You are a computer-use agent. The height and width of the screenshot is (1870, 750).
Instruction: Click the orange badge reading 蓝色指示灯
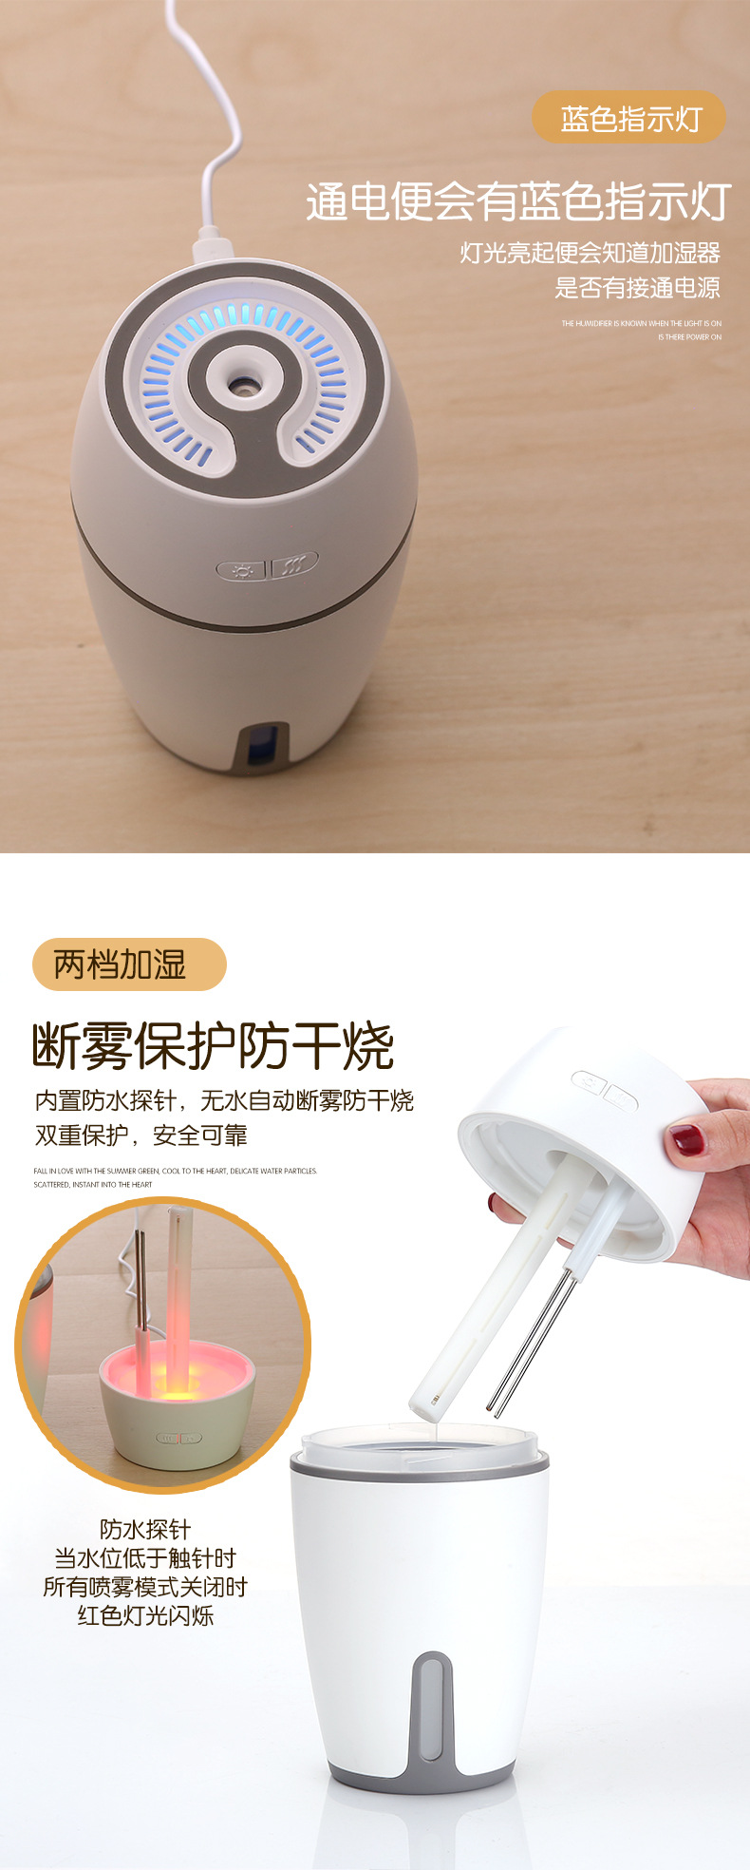pyautogui.click(x=629, y=119)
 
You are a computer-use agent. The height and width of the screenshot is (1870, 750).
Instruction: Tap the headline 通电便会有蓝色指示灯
pyautogui.click(x=517, y=201)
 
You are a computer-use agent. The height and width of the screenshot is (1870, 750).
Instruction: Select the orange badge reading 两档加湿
pyautogui.click(x=129, y=964)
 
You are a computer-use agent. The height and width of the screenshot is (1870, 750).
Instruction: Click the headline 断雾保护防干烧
pyautogui.click(x=214, y=1046)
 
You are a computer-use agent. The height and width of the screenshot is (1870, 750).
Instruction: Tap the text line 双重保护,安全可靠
pyautogui.click(x=141, y=1135)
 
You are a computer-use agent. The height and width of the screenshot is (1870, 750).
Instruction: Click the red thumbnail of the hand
pyautogui.click(x=686, y=1138)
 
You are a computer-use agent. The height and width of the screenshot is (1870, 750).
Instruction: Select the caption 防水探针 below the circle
pyautogui.click(x=145, y=1529)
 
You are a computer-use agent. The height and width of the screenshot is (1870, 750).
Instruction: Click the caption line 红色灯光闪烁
pyautogui.click(x=145, y=1615)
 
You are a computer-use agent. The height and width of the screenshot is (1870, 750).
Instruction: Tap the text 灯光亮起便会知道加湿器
pyautogui.click(x=590, y=253)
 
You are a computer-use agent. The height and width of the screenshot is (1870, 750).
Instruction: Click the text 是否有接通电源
pyautogui.click(x=637, y=287)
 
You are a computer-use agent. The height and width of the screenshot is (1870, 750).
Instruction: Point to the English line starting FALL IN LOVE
pyautogui.click(x=176, y=1171)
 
